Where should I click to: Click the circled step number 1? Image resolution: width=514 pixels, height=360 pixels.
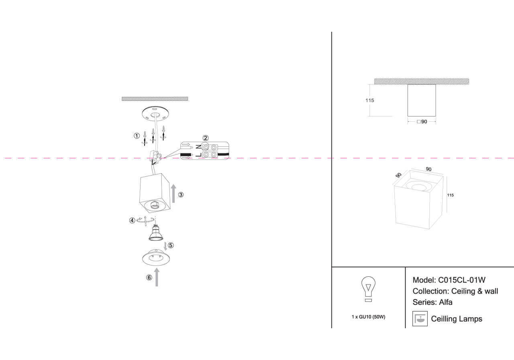(x=137, y=136)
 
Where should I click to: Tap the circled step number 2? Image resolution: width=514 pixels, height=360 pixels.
(x=205, y=138)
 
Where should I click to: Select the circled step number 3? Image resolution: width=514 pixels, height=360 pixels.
(x=181, y=195)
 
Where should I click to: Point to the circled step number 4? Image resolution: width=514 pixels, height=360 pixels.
(x=132, y=220)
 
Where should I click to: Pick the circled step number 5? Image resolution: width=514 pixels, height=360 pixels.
(x=171, y=245)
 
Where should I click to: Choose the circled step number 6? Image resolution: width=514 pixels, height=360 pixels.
(x=149, y=277)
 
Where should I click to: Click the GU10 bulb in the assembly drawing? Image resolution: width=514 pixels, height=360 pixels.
(x=156, y=233)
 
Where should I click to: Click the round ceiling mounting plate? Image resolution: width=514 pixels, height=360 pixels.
(x=155, y=114)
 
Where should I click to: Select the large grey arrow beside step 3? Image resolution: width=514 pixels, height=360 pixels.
(x=173, y=193)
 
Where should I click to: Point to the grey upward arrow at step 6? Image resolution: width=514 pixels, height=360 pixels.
(x=157, y=277)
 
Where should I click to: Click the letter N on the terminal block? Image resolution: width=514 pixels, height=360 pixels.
(x=198, y=147)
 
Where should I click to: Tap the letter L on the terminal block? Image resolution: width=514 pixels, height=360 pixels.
(x=198, y=155)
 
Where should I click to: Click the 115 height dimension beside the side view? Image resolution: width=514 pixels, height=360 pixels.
(x=370, y=100)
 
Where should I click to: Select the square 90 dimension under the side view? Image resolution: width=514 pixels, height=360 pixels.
(x=422, y=122)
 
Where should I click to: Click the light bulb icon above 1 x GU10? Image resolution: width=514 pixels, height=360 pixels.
(x=368, y=289)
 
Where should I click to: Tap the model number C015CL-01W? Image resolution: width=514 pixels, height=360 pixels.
(x=462, y=280)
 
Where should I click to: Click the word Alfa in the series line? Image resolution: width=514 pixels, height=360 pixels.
(x=445, y=302)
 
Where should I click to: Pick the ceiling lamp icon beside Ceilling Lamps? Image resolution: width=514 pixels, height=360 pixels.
(x=420, y=319)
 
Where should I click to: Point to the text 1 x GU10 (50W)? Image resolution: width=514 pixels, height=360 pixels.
(x=368, y=317)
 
